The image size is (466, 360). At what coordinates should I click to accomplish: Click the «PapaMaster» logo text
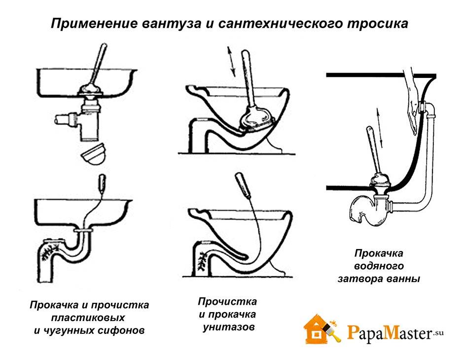coord(390,333)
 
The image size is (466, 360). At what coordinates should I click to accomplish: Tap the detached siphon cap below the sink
coord(94,154)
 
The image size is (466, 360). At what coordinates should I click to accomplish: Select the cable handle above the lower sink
coord(101,183)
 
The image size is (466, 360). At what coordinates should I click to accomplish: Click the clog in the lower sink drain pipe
coord(48,252)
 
